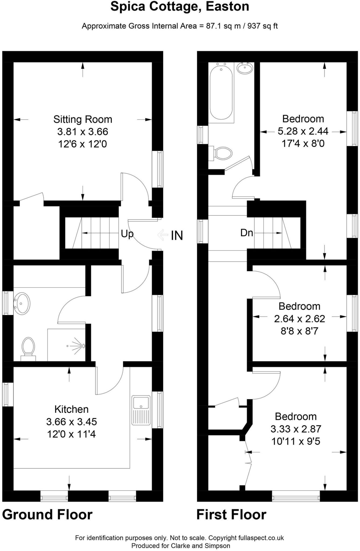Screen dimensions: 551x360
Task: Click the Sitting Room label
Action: (83, 119)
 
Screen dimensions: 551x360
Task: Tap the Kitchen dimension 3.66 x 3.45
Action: (71, 422)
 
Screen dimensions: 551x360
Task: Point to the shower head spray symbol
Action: (77, 345)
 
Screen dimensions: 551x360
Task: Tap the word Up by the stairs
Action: (127, 234)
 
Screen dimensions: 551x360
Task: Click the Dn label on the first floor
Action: (246, 233)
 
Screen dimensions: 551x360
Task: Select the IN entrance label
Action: (177, 235)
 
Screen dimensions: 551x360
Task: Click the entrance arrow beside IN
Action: (163, 235)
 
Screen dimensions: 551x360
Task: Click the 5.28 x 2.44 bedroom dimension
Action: (303, 131)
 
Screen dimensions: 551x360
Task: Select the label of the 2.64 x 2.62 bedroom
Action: (299, 306)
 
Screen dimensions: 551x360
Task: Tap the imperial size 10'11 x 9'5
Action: (296, 441)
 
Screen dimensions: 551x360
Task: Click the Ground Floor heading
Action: (47, 514)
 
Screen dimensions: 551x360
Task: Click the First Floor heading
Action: (231, 514)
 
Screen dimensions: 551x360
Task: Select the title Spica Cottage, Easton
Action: (180, 6)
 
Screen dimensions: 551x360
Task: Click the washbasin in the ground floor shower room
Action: (22, 303)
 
